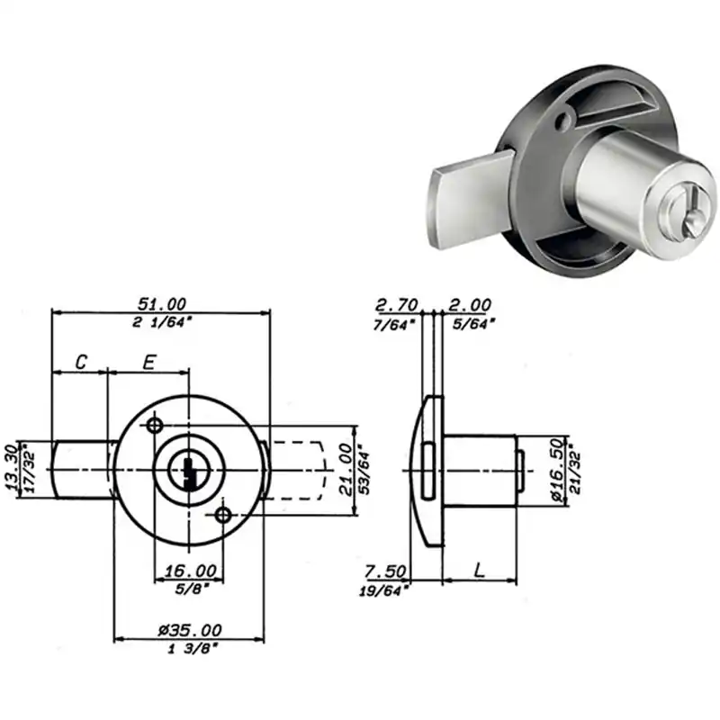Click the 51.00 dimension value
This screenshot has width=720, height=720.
(162, 304)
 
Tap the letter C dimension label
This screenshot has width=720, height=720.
(81, 363)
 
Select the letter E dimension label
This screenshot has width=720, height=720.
(148, 363)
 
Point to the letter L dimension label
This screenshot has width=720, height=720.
(480, 571)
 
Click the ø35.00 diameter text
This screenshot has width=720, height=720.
(190, 630)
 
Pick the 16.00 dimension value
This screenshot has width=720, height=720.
(191, 571)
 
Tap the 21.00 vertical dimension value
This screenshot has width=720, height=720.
(346, 469)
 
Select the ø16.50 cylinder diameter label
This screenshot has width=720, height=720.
(556, 470)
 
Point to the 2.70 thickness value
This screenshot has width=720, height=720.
(397, 304)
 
